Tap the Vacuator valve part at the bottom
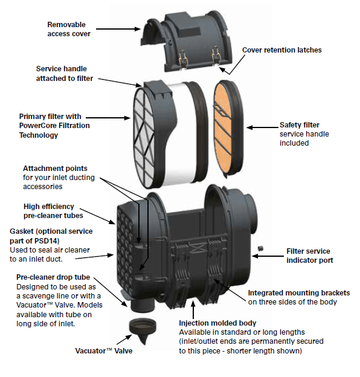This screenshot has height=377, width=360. (x=143, y=331)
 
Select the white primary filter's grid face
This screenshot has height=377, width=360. (x=144, y=138)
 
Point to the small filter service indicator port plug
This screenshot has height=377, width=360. (x=260, y=248)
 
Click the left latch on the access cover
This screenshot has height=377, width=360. (x=182, y=59)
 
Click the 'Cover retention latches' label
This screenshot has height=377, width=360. (x=281, y=50)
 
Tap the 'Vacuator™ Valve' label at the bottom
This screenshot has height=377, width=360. (x=104, y=351)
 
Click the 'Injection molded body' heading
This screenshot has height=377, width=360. (x=217, y=323)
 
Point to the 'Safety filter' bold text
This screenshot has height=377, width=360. (x=299, y=125)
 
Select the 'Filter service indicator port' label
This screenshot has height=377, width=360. (x=309, y=256)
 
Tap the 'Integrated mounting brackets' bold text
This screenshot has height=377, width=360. (x=299, y=293)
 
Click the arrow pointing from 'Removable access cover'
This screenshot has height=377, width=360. (x=118, y=29)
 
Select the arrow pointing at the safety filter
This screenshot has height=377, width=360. (x=262, y=127)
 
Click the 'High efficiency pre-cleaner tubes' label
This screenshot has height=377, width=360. (x=53, y=211)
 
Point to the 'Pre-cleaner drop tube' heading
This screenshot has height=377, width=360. (x=53, y=277)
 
